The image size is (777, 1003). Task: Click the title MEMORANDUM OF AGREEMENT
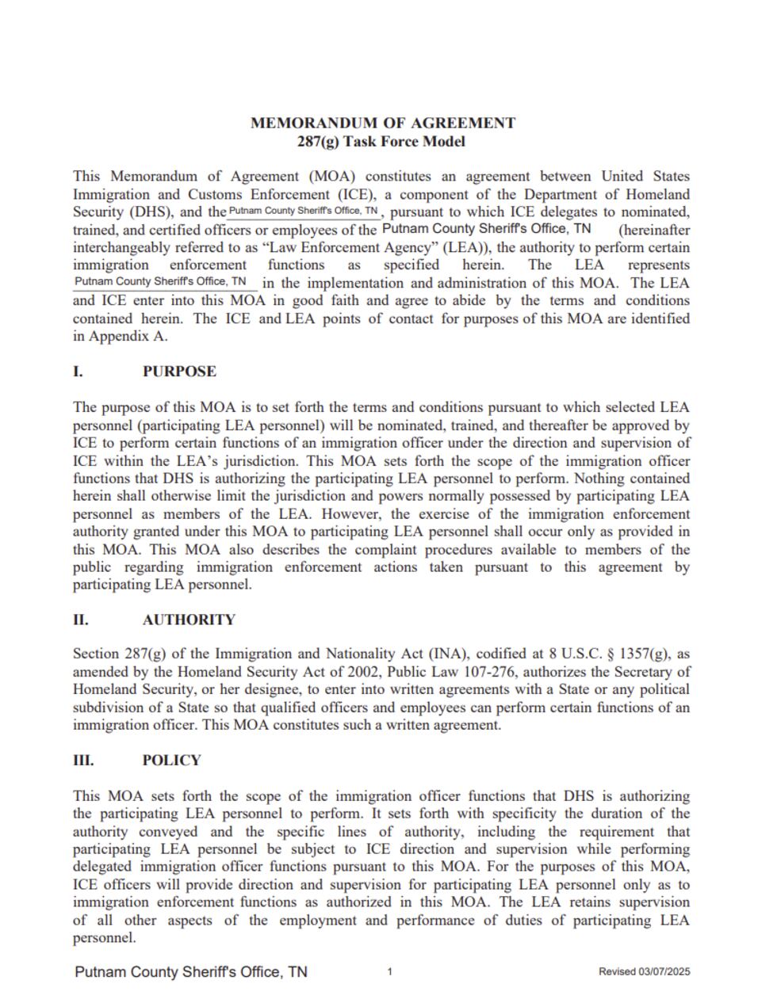click(x=382, y=123)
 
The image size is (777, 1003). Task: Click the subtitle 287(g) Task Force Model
click(x=382, y=142)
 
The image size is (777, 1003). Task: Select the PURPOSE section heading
click(x=179, y=372)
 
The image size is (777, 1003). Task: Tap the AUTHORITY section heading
click(x=189, y=620)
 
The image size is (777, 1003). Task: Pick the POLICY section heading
click(x=171, y=761)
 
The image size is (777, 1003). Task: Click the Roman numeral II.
click(x=81, y=620)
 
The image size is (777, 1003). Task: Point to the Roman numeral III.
click(x=83, y=761)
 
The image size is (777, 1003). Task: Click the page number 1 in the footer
click(x=390, y=972)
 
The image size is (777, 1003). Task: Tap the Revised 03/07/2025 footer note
click(x=644, y=972)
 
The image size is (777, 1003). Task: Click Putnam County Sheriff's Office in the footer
click(x=191, y=972)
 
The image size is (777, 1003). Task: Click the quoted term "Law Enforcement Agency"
click(x=345, y=247)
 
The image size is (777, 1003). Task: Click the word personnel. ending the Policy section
click(x=104, y=938)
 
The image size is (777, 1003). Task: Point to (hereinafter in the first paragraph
click(x=653, y=230)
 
